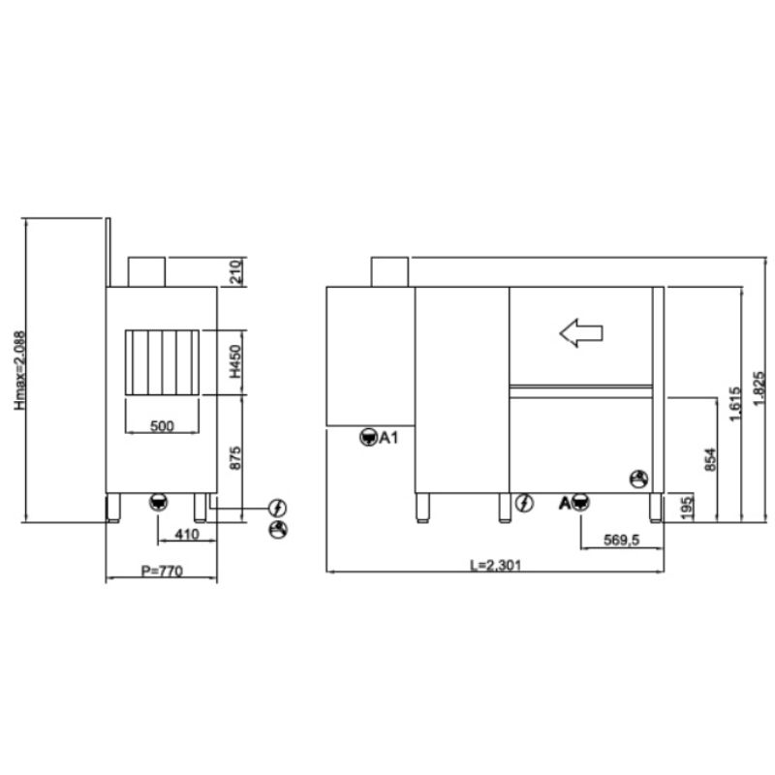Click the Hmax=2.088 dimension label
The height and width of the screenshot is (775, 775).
[x=19, y=370]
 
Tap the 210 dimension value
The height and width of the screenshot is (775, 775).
[x=236, y=271]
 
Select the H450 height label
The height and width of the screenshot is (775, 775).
[x=236, y=361]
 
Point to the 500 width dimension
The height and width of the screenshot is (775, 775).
[x=162, y=425]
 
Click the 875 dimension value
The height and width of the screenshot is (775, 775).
[x=235, y=458]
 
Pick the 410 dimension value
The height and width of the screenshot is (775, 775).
[x=187, y=535]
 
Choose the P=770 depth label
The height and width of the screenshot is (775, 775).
[x=162, y=571]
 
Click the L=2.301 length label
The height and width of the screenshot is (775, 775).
[x=495, y=565]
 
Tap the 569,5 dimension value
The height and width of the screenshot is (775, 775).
[x=621, y=540]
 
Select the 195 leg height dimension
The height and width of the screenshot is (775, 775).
[x=687, y=508]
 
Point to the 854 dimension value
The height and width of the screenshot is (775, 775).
[x=710, y=459]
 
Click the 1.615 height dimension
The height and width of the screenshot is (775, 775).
[x=736, y=404]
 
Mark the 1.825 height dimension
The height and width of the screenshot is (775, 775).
[x=759, y=389]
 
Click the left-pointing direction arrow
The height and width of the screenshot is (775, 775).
[x=581, y=333]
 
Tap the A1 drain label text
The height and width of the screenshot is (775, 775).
[x=389, y=438]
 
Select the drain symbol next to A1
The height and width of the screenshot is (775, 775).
[x=368, y=438]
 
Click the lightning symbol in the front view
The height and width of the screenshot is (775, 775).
[x=524, y=503]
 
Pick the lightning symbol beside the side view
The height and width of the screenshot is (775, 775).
[x=278, y=507]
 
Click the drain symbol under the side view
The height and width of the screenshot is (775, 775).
[x=158, y=502]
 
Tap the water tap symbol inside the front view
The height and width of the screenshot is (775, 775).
[x=638, y=479]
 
